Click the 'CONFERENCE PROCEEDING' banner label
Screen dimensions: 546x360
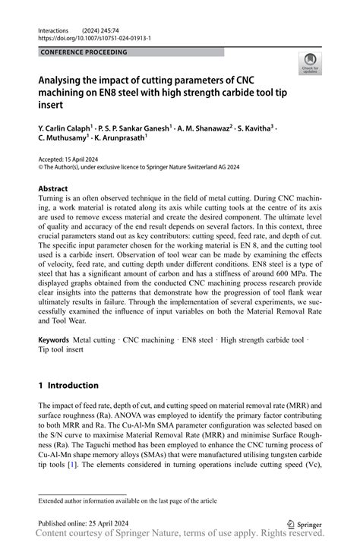84,52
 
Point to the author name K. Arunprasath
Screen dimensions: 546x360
119,140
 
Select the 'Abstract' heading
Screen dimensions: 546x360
52,188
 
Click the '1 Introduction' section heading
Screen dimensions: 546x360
68,385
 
